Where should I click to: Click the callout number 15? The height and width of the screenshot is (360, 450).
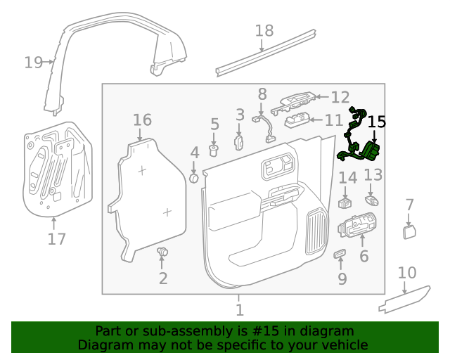377,122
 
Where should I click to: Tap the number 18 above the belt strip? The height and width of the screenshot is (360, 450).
264,30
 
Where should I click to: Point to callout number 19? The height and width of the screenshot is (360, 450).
33,62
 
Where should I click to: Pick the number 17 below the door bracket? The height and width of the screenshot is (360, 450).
56,239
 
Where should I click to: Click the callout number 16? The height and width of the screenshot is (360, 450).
142,120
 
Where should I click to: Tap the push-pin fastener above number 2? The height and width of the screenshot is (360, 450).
163,252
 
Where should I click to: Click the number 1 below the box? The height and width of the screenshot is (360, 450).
239,309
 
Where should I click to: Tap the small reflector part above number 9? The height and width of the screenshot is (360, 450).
340,252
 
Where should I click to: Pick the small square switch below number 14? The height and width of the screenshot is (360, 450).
345,203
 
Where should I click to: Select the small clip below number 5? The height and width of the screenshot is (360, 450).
215,150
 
